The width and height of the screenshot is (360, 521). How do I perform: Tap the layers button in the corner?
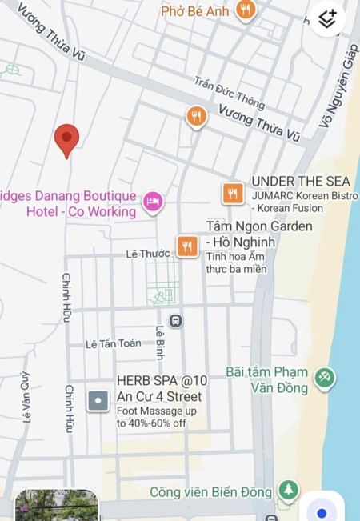pos(328,18)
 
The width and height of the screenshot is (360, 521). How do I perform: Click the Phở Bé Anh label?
pos(195,11)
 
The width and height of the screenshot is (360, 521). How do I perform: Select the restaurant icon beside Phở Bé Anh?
pos(246,10)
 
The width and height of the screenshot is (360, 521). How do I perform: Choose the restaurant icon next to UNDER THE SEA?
pos(232,193)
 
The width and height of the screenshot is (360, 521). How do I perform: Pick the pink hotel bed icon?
pos(152,202)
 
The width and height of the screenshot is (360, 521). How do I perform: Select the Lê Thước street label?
pos(148,254)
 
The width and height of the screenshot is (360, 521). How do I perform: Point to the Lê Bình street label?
pos(160,342)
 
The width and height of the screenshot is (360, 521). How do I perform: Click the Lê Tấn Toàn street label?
pos(114,343)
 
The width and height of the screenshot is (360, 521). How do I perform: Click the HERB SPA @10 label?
pos(162,381)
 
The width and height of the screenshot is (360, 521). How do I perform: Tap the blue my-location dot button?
pos(322,511)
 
